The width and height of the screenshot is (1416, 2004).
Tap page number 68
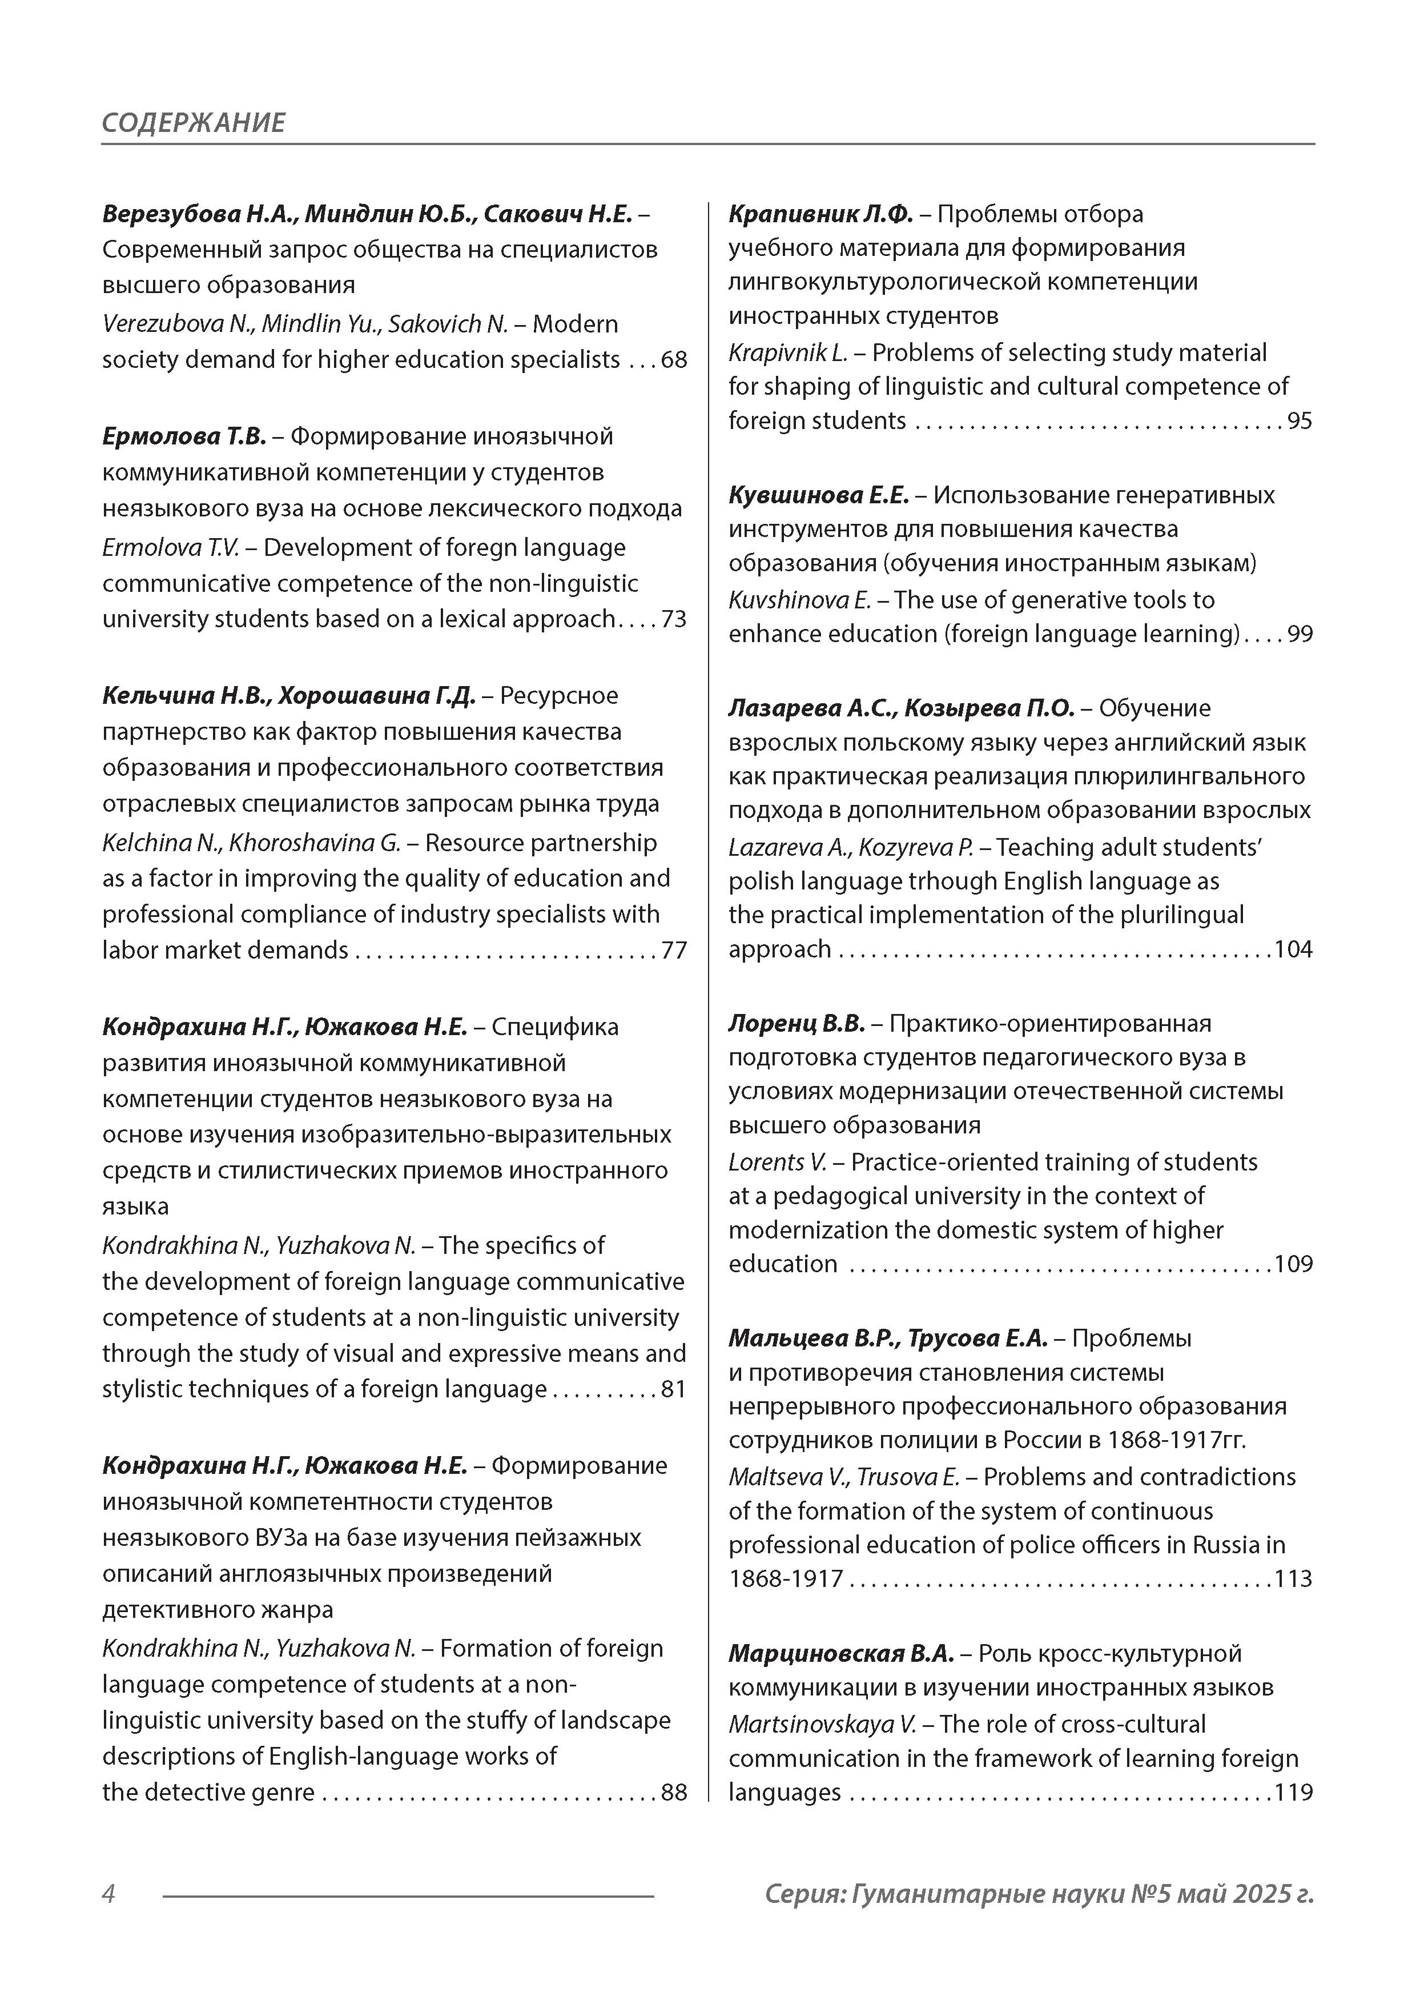(x=674, y=359)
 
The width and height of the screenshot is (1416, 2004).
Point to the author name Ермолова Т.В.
(x=184, y=435)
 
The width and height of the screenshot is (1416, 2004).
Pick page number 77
(x=674, y=949)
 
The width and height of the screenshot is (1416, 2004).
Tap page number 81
(x=674, y=1389)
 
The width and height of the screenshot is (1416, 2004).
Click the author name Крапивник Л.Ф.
(x=820, y=214)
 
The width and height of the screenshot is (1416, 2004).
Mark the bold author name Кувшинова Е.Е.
(x=818, y=495)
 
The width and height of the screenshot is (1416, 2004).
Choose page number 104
(x=1293, y=949)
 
